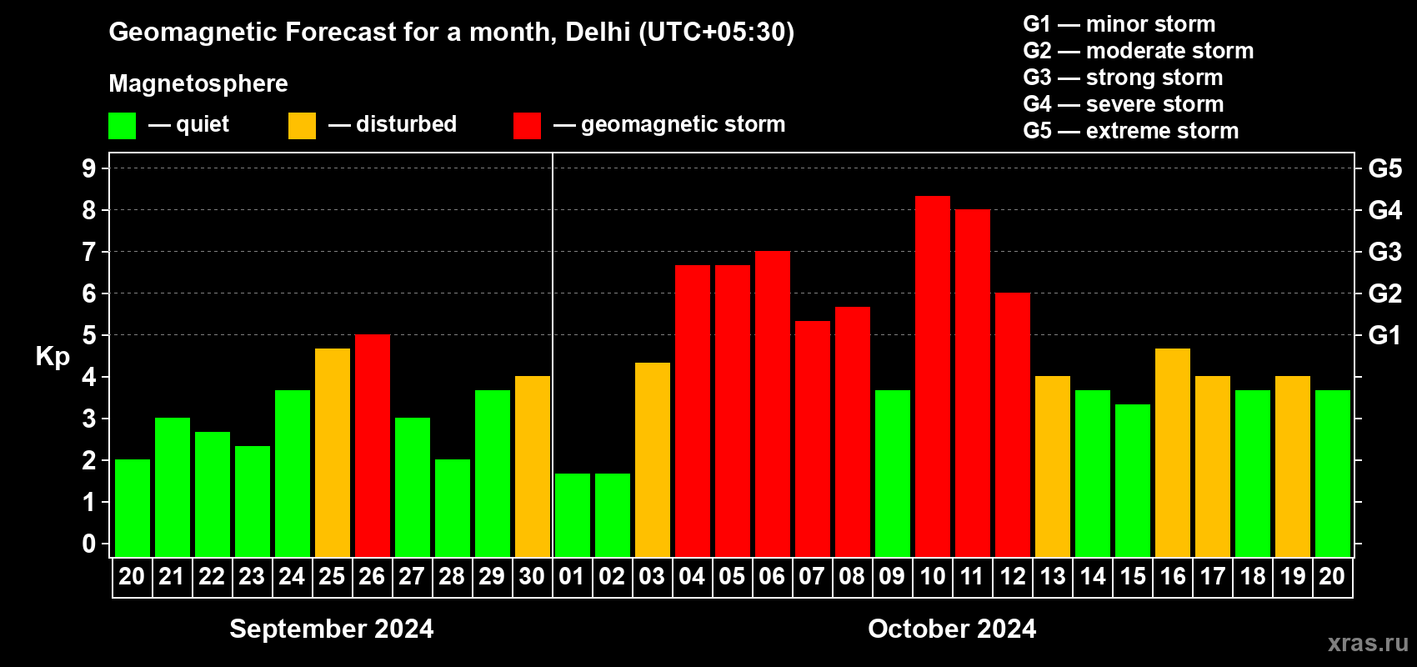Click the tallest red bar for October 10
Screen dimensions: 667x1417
pos(932,375)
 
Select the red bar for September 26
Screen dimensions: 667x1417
pos(372,445)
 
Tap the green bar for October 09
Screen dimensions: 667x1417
pos(892,473)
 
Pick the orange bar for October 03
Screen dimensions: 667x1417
pos(652,459)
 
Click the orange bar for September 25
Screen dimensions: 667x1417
pos(332,452)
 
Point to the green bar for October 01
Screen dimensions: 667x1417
pos(572,514)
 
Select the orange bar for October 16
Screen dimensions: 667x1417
pos(1172,452)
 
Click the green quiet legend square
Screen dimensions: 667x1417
pos(122,126)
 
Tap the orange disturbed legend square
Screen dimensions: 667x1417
pos(302,126)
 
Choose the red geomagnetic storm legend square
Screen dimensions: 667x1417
pos(527,126)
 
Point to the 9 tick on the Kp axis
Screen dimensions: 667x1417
pos(89,168)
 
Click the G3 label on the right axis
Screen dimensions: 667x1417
pos(1384,252)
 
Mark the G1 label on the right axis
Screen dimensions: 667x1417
pos(1384,335)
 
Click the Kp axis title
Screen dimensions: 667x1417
pos(53,356)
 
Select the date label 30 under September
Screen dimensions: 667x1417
pos(532,576)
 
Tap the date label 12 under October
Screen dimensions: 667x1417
pos(1012,576)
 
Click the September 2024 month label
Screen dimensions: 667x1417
pos(331,629)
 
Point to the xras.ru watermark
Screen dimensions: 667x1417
pos(1367,643)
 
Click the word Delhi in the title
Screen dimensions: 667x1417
pos(598,32)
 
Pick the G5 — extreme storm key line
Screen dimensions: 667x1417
pos(1130,131)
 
